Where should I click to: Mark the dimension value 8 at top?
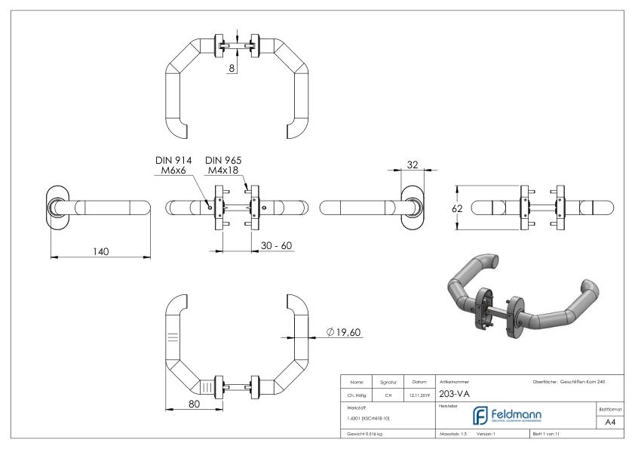click(233, 67)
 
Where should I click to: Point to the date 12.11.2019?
click(418, 393)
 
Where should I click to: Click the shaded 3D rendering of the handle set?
click(520, 299)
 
